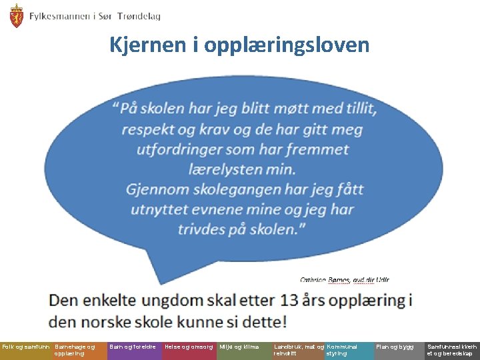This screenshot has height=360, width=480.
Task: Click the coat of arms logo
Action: pos(16,16)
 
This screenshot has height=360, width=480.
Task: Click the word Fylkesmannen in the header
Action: pos(59,16)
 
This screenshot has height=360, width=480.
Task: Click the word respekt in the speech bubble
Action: pos(148,129)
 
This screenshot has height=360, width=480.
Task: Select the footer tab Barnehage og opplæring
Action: pos(75,350)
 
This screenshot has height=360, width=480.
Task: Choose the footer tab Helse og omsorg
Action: pos(189,347)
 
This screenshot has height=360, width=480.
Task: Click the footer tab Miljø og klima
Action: pos(239,347)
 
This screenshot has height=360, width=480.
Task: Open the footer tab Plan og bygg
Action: pos(395,347)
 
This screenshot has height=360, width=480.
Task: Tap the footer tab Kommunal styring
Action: pos(342,350)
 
